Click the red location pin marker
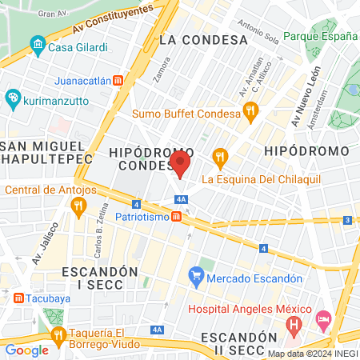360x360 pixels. tap(180, 166)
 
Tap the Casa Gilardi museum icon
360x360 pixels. tap(38, 47)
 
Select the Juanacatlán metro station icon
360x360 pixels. tap(118, 80)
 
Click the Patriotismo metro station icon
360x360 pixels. tap(176, 216)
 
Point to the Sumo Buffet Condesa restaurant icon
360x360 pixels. tap(250, 114)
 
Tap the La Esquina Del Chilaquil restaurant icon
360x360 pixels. tap(218, 157)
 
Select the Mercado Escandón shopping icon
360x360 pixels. tap(196, 278)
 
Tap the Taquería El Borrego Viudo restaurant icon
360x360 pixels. tap(58, 334)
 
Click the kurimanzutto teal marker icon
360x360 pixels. tap(12, 98)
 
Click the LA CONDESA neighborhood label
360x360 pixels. tap(203, 39)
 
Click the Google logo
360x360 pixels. tap(27, 350)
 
